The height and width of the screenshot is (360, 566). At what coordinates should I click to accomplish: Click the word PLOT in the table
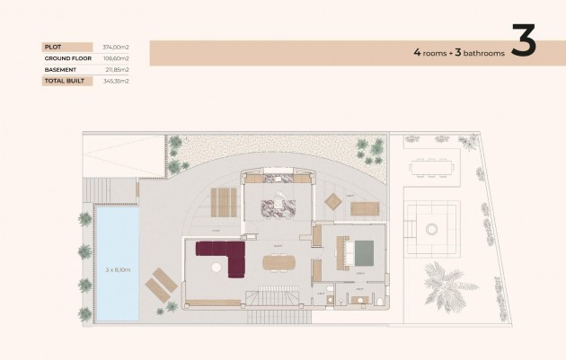point(51,47)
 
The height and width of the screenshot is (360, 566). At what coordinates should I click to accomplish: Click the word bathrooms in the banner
point(484,53)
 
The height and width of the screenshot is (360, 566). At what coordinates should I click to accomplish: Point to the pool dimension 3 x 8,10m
point(119,268)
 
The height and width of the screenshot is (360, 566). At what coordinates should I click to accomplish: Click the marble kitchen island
point(279,206)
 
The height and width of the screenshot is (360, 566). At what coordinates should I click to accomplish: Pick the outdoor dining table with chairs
point(431,166)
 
